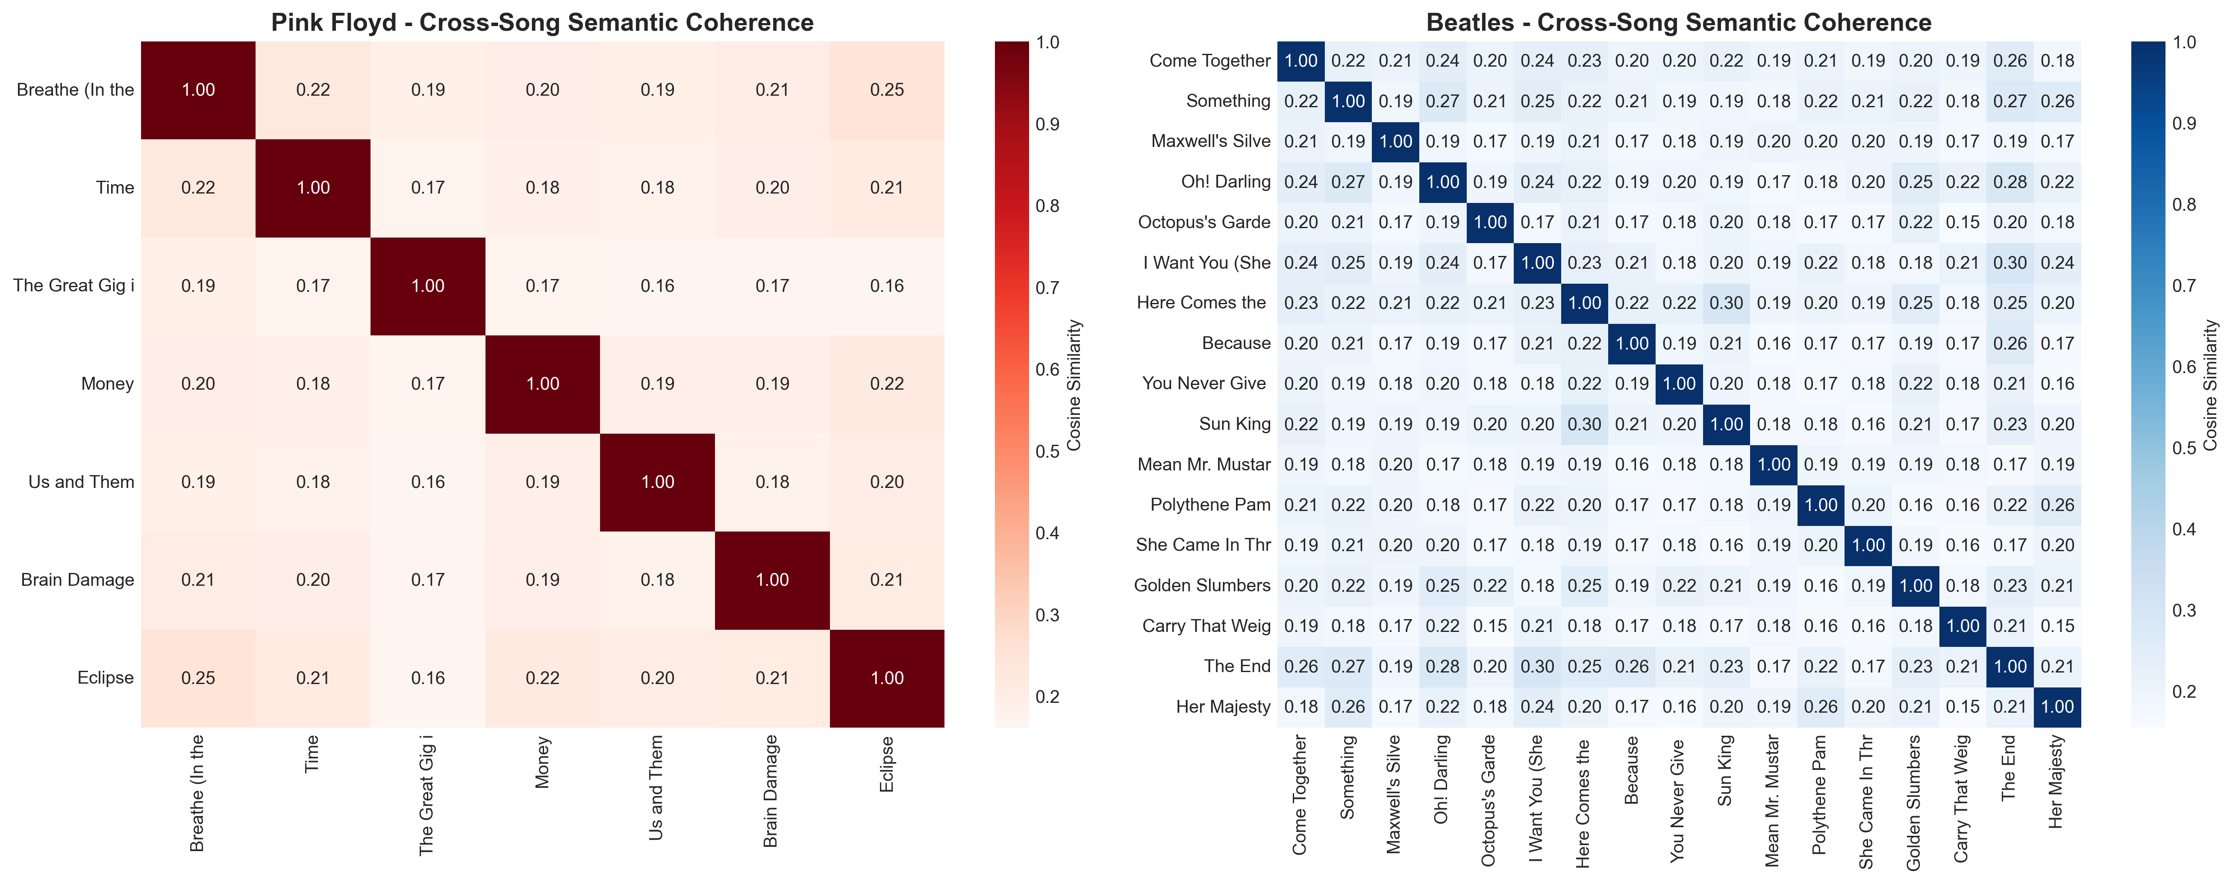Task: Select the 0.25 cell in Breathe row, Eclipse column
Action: coord(887,90)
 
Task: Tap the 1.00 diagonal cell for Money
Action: coord(543,384)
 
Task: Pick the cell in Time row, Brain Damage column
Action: coord(772,188)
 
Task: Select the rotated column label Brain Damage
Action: coord(771,790)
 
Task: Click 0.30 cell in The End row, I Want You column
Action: coord(1538,667)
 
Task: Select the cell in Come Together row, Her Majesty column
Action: coord(2057,61)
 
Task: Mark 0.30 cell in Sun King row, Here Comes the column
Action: coord(1585,424)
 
